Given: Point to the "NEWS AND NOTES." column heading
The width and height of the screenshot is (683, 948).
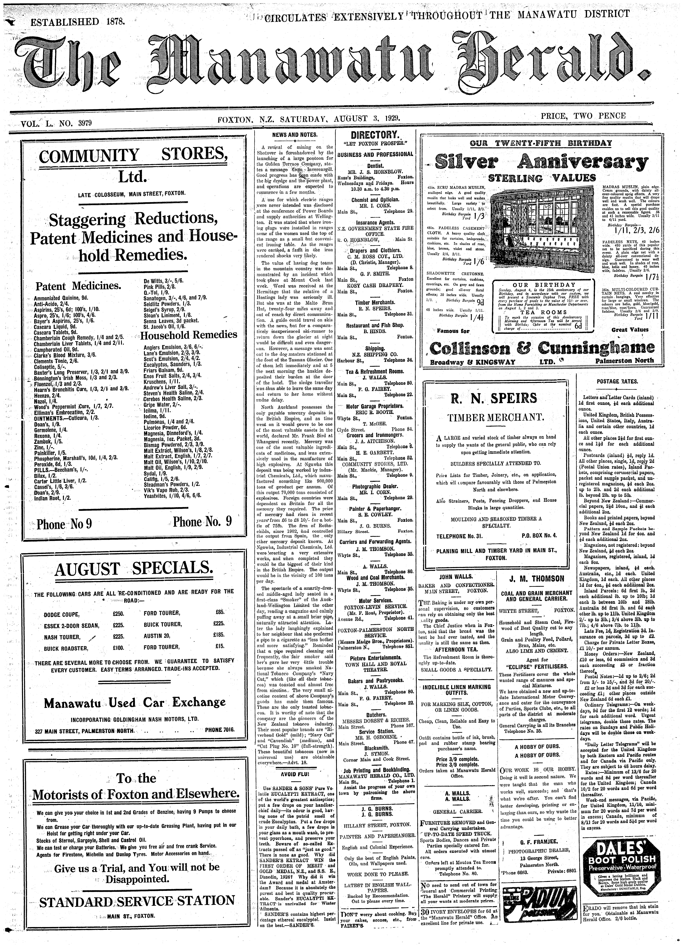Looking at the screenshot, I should click(x=295, y=135).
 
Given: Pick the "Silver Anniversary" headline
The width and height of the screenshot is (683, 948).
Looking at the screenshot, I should click(x=542, y=161).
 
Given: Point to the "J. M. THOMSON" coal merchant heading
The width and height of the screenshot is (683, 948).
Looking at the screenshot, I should click(x=536, y=579).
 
